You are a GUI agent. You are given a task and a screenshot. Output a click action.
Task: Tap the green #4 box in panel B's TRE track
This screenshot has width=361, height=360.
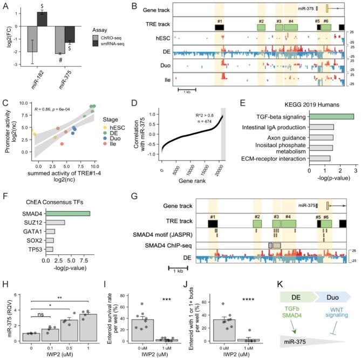click(x=291, y=27)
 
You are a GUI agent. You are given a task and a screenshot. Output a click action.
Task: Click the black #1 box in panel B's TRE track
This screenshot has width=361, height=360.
click(x=220, y=27)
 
